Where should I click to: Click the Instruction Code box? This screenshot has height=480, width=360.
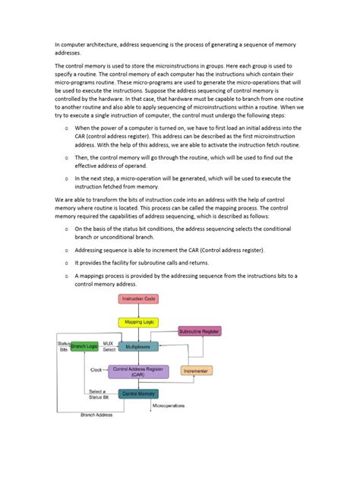[137, 298]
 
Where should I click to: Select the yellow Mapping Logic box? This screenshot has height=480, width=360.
[137, 322]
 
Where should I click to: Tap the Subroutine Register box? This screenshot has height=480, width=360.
[199, 331]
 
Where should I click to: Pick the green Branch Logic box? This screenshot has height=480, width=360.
[85, 346]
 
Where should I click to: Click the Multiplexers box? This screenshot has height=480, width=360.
[137, 346]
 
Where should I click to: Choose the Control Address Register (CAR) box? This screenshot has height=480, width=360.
[137, 371]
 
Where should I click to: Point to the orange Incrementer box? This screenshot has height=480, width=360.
[197, 371]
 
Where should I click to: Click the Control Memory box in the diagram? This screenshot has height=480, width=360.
[137, 393]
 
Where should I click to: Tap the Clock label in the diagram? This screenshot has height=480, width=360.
[96, 371]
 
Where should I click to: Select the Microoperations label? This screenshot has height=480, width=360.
[169, 406]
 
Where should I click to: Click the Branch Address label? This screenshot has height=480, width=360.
[96, 415]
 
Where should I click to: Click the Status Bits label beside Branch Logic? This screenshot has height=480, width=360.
[63, 346]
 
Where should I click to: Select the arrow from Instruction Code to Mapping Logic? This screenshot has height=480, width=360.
[137, 310]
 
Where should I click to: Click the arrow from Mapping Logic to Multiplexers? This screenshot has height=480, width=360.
[137, 334]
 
